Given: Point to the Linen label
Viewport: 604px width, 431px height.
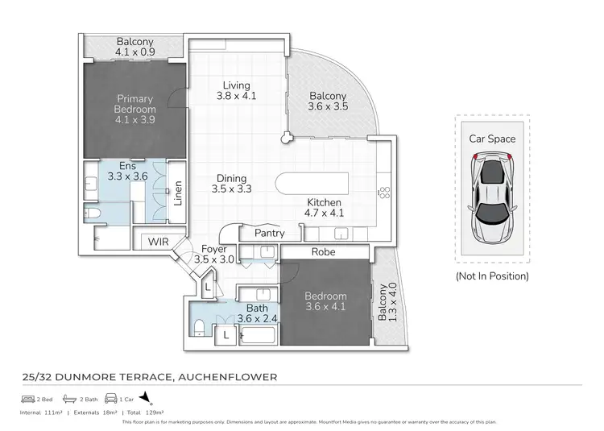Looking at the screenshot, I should click(x=178, y=196).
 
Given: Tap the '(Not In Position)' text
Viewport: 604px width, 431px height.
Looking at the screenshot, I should click(x=492, y=276).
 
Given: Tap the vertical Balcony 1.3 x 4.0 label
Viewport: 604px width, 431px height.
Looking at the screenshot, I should click(x=387, y=303).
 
